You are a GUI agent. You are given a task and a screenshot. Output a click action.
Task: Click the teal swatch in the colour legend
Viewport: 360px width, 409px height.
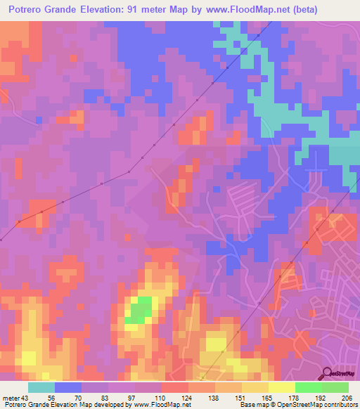41,387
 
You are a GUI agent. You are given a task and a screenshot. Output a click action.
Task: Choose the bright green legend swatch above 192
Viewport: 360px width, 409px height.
308,387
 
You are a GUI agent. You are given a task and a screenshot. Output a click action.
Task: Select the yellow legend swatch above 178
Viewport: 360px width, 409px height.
281,387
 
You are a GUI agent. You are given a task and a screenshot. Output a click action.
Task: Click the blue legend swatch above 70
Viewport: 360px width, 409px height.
68,387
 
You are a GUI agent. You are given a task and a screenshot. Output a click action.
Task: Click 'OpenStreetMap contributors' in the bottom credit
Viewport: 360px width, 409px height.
320,405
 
